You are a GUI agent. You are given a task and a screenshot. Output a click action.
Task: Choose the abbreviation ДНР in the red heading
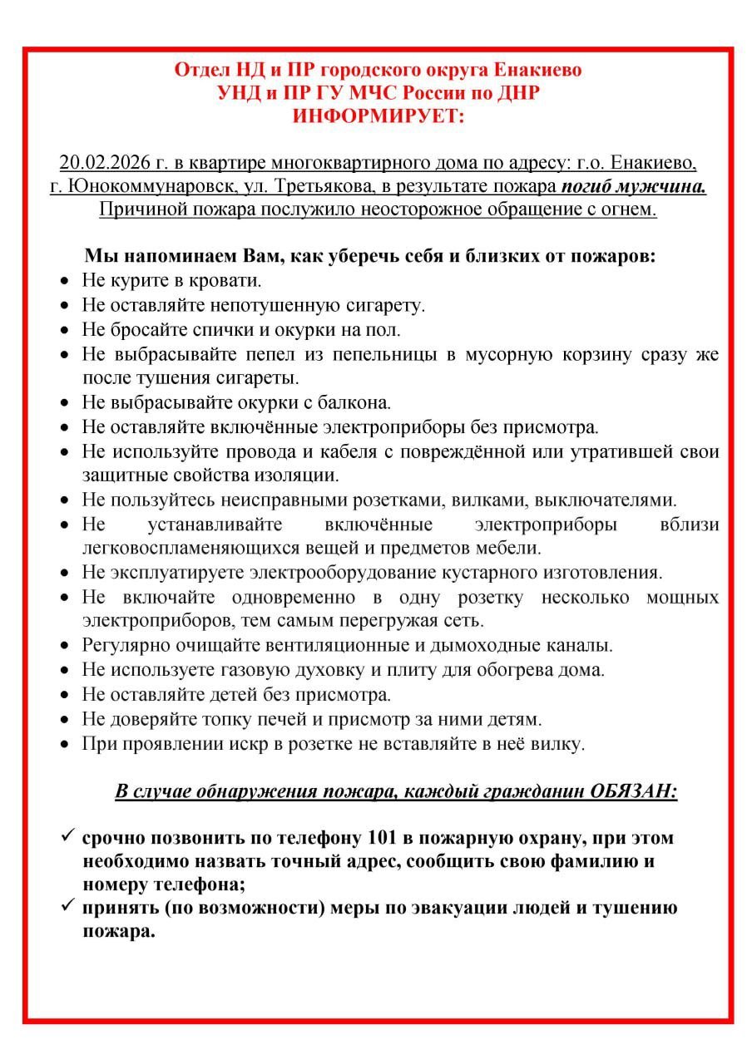(517, 93)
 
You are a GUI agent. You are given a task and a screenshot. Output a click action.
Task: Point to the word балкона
(357, 402)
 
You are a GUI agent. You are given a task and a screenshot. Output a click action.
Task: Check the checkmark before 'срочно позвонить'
(68, 835)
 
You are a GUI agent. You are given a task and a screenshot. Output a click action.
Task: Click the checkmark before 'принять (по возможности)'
(68, 906)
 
